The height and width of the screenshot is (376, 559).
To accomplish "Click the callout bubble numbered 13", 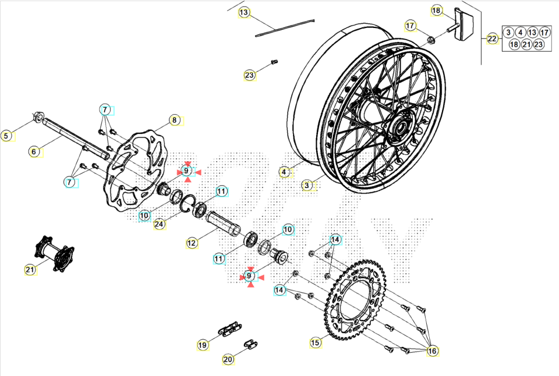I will click(244, 12).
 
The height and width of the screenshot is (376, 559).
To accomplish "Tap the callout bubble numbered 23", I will click(250, 75).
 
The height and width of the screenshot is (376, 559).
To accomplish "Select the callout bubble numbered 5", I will click(6, 136).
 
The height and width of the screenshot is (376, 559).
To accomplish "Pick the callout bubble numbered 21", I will click(30, 269).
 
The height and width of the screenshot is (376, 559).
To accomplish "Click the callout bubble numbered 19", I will click(202, 345).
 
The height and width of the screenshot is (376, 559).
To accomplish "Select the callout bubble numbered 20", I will click(228, 360).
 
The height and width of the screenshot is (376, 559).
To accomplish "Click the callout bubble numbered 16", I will click(432, 351).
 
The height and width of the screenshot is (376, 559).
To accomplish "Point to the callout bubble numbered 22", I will click(493, 39).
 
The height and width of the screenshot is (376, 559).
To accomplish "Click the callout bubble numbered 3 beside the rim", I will click(307, 186).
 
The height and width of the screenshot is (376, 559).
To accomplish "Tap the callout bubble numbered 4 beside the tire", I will click(284, 172).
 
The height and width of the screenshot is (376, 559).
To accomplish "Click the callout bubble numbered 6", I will click(34, 151).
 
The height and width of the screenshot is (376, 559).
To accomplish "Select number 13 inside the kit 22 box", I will click(532, 33).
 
